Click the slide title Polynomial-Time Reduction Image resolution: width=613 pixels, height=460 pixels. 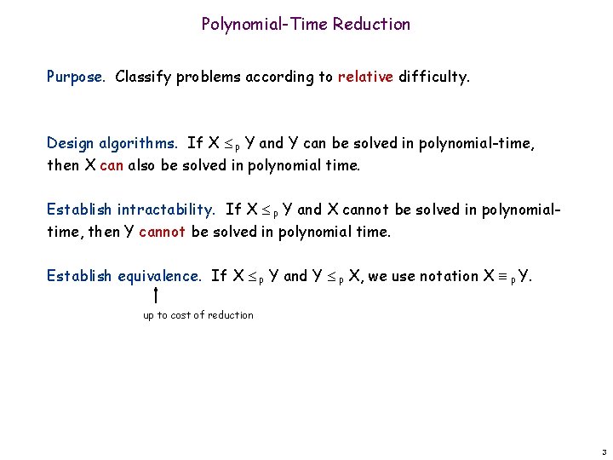[x=306, y=24]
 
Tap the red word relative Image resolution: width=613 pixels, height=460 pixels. [x=365, y=77]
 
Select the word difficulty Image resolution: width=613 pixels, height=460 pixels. [x=433, y=77]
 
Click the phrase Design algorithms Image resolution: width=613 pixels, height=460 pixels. [x=112, y=143]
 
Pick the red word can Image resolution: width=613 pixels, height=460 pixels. [x=112, y=165]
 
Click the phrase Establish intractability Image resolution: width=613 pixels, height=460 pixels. [x=131, y=210]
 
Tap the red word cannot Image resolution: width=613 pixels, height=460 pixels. [x=162, y=232]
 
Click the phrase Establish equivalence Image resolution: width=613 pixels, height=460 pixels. [x=124, y=276]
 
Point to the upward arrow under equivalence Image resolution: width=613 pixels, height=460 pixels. [x=157, y=295]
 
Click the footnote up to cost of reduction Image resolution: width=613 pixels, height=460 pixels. [x=198, y=315]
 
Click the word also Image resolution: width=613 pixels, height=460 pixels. [x=141, y=165]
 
